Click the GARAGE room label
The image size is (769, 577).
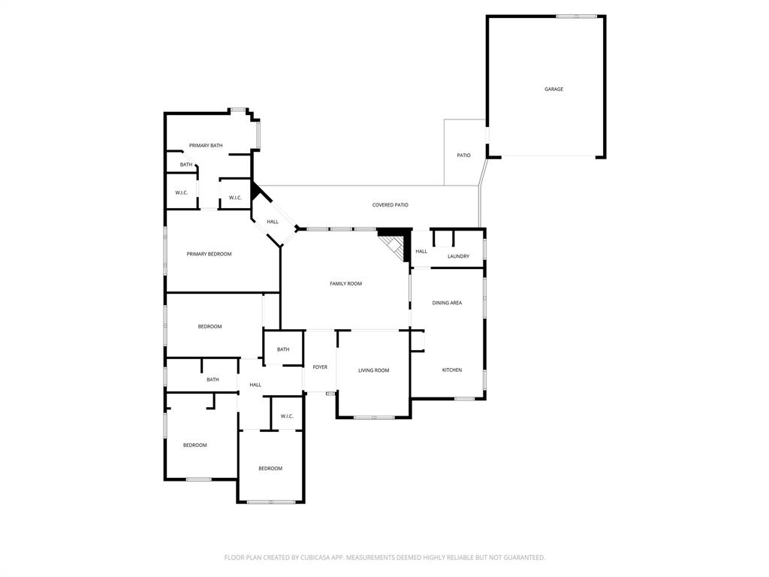(x=553, y=89)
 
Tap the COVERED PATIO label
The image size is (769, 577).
(x=390, y=205)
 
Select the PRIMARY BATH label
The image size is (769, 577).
(x=205, y=146)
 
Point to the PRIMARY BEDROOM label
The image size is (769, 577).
(x=209, y=254)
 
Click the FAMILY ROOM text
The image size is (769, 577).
(x=345, y=284)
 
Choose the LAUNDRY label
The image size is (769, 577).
(x=458, y=257)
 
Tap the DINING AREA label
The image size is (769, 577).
(x=447, y=303)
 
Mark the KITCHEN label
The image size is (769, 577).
(x=451, y=370)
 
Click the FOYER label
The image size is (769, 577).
(x=320, y=367)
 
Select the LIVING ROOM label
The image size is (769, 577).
(x=373, y=370)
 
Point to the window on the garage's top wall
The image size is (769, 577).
(x=576, y=16)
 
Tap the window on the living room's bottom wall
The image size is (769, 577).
(x=373, y=417)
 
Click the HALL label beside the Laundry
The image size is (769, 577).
(x=421, y=252)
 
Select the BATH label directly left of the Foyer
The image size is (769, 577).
(x=283, y=349)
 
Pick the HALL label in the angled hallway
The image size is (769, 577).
(x=273, y=222)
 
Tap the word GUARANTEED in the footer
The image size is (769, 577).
(x=521, y=557)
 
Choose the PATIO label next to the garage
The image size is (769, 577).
(x=464, y=156)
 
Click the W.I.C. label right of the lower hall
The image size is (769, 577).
(x=287, y=416)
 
